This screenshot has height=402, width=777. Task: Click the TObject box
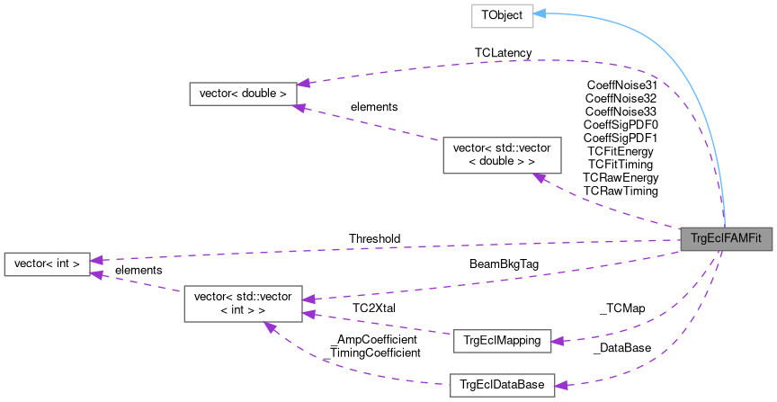tap(503, 16)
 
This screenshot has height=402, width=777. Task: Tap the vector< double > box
tap(242, 94)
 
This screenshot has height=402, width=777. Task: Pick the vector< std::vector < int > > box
tap(243, 303)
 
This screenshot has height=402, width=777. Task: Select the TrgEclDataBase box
tap(502, 384)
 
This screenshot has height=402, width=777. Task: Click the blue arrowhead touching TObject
tap(540, 14)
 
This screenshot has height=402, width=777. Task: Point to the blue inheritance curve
tap(683, 81)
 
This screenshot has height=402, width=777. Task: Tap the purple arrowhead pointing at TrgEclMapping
tap(558, 341)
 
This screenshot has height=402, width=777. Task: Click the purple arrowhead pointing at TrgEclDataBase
tap(562, 385)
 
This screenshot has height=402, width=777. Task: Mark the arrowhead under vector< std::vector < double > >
tap(539, 178)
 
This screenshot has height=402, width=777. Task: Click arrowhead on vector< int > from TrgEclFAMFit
tap(97, 260)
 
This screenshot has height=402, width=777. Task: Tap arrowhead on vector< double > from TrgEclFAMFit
tap(303, 83)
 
